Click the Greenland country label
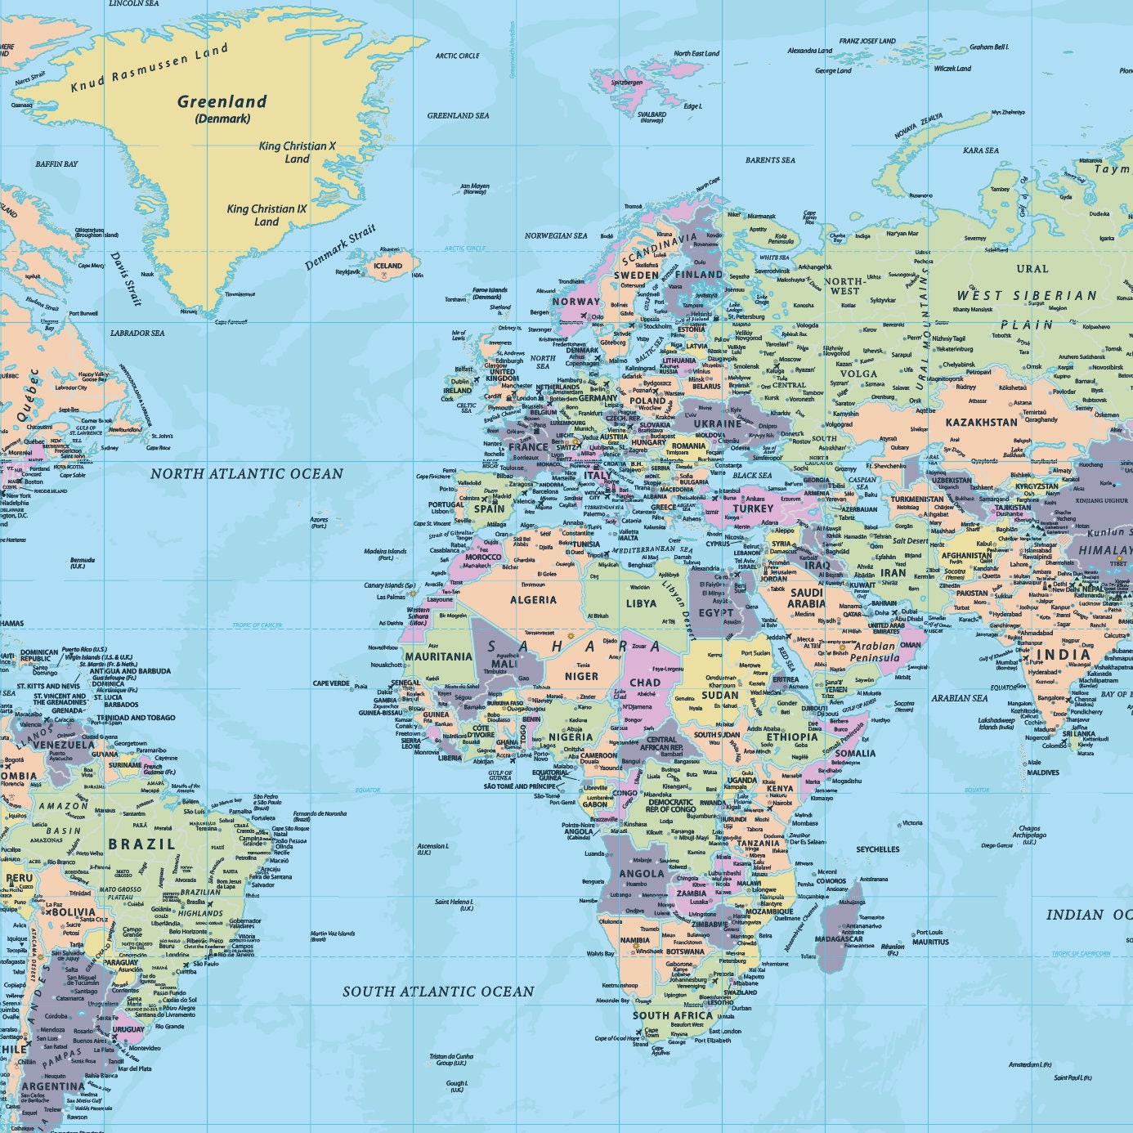[x=222, y=102]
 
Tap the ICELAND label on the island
[x=387, y=266]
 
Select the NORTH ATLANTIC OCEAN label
[x=247, y=474]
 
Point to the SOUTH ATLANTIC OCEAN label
[x=438, y=992]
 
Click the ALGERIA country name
[x=533, y=600]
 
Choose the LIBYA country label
[x=641, y=603]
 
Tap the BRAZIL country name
[x=141, y=844]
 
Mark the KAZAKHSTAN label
[x=981, y=423]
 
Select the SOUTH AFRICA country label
[x=673, y=1015]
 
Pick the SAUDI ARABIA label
[x=806, y=598]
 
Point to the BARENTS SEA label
[x=770, y=160]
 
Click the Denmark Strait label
[x=340, y=248]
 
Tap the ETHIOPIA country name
[x=791, y=737]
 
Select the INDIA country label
[x=1063, y=655]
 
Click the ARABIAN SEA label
[x=959, y=698]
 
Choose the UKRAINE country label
[x=717, y=424]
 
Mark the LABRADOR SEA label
[x=137, y=334]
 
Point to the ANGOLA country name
[x=642, y=873]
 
